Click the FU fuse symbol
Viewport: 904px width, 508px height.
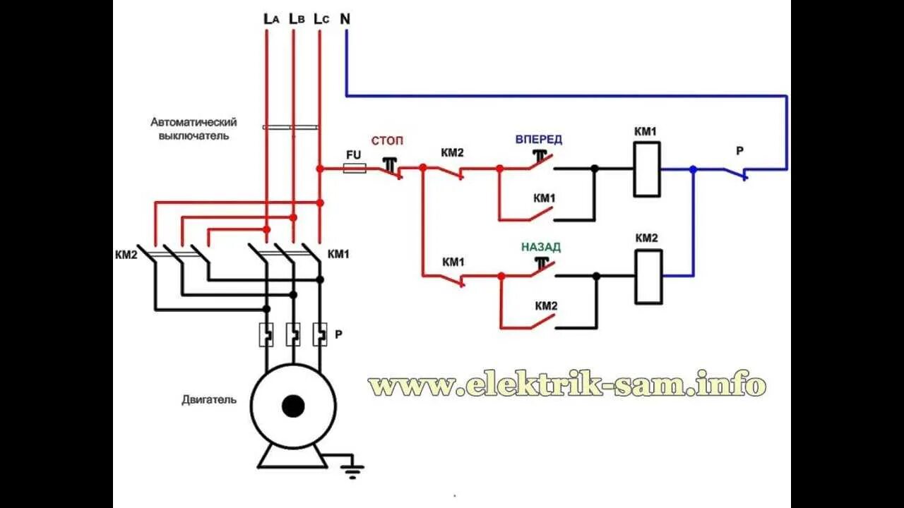coord(354,169)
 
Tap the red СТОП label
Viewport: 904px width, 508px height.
coord(388,141)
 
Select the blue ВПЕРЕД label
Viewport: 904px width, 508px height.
coord(538,140)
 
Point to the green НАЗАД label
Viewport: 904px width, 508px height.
coord(541,247)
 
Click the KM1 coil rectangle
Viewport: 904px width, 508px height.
coord(647,169)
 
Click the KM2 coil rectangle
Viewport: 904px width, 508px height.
coord(649,277)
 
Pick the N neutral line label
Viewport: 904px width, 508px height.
coord(345,19)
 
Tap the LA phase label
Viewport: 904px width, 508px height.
coord(271,19)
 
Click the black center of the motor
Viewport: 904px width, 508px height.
coord(292,406)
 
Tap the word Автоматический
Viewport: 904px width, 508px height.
coord(193,122)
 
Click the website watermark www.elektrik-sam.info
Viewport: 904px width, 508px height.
coord(566,385)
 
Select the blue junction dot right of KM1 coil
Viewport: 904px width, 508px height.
coord(693,169)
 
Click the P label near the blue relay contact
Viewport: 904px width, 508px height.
coord(739,150)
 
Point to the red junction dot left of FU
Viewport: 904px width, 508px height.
coord(320,169)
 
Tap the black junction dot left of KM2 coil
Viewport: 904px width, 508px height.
coord(596,277)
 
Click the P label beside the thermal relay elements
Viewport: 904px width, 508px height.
coord(338,334)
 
